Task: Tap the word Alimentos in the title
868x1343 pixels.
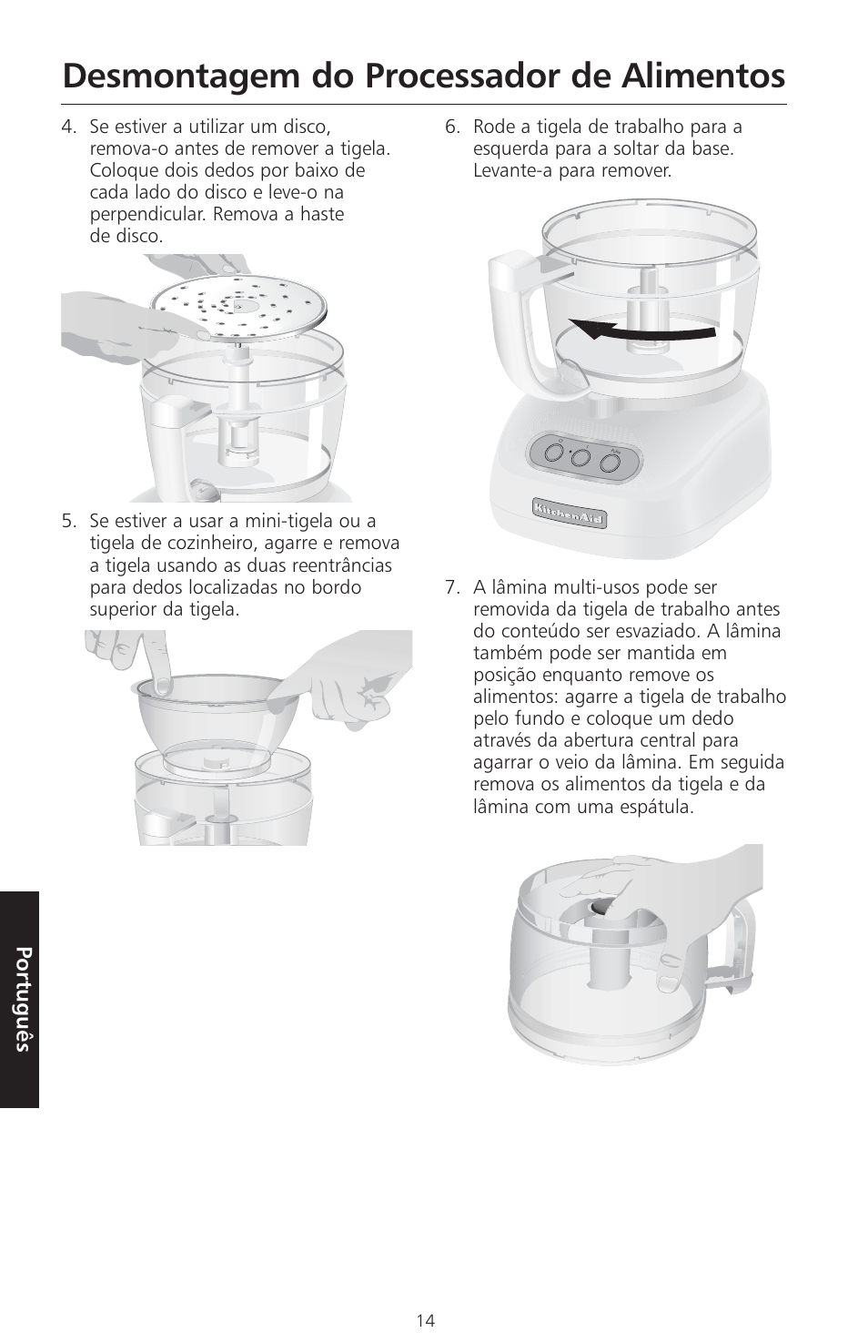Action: pos(703,76)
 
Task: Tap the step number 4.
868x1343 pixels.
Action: pos(69,127)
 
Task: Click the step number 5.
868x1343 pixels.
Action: pos(69,521)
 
